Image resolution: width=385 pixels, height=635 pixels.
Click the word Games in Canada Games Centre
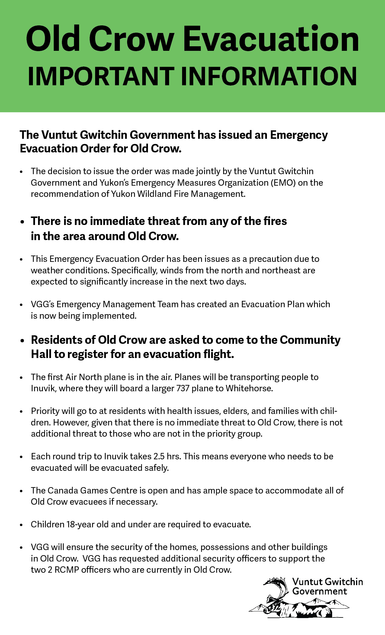coord(93,490)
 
